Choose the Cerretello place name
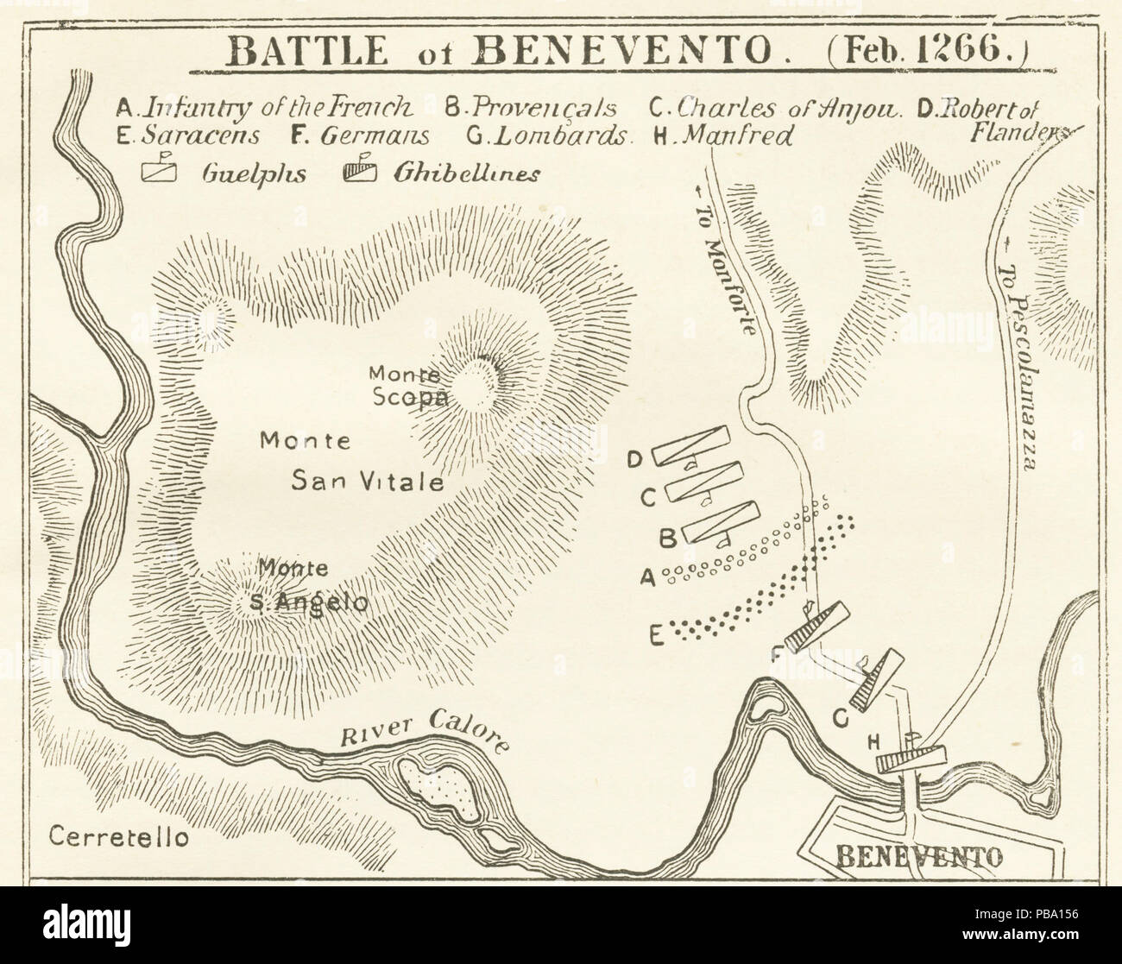coord(118,836)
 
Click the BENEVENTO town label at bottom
coord(921,857)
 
